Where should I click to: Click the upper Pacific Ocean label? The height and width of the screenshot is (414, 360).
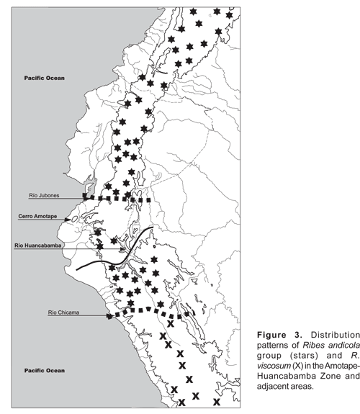coord(45,78)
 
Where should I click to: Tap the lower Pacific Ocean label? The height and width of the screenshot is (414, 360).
coord(45,370)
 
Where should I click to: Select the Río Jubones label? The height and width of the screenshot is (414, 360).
coord(44,195)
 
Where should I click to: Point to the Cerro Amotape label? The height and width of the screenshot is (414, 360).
coord(37,216)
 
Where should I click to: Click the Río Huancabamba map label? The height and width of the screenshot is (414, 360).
coord(37,246)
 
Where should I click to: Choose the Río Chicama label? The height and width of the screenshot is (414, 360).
coord(63,312)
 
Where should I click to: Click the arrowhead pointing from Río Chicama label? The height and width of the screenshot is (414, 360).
coord(109,316)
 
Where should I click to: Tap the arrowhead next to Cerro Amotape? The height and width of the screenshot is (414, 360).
coord(68,220)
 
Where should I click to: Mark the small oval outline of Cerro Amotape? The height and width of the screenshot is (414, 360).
coord(74,219)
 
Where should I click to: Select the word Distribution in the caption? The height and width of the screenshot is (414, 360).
coord(335,335)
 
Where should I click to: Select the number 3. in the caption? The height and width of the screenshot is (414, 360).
coord(299,335)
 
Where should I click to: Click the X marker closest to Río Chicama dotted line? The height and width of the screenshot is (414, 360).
coord(171,323)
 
